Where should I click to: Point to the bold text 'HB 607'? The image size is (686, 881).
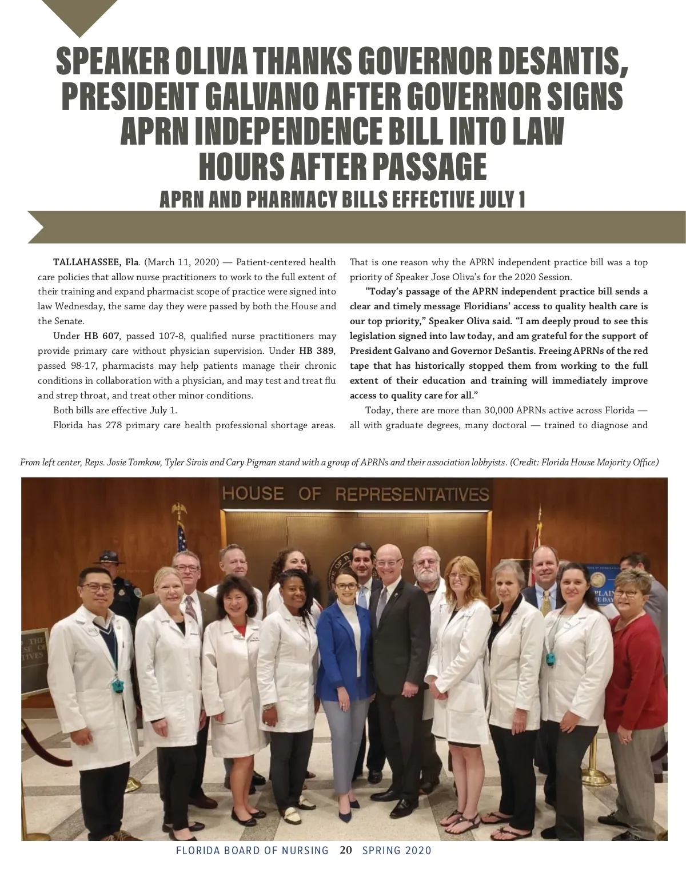[102, 336]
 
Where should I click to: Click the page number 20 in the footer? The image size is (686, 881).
[345, 850]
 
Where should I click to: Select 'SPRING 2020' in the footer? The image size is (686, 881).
[397, 850]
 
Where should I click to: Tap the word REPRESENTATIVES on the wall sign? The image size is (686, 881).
[412, 494]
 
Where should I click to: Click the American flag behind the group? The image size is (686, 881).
[181, 537]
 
